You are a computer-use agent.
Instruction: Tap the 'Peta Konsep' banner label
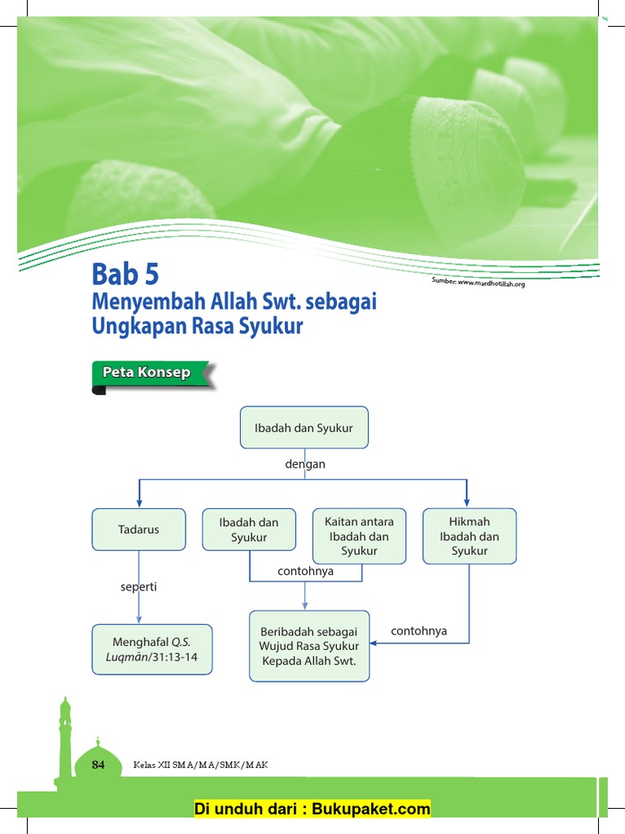pos(146,373)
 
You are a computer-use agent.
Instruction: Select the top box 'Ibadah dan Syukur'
pos(304,428)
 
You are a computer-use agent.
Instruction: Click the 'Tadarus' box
pos(138,529)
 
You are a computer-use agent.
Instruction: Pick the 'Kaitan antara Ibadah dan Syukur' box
pos(359,536)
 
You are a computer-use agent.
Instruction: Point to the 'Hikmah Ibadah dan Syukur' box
pos(470,536)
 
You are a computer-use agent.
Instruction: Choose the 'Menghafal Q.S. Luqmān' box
pos(152,649)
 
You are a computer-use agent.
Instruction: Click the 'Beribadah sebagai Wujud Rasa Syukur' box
pos(309,646)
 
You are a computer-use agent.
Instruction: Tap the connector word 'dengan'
pos(304,464)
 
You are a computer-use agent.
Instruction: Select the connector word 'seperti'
pos(138,586)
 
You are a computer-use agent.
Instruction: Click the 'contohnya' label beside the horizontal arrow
pos(419,631)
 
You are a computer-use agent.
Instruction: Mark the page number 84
pos(98,765)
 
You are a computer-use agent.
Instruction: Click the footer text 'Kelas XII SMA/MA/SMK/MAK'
pos(200,765)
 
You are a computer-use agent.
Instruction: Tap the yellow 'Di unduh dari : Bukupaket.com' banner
pos(312,809)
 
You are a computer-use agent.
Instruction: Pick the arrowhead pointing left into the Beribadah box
pos(375,643)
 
